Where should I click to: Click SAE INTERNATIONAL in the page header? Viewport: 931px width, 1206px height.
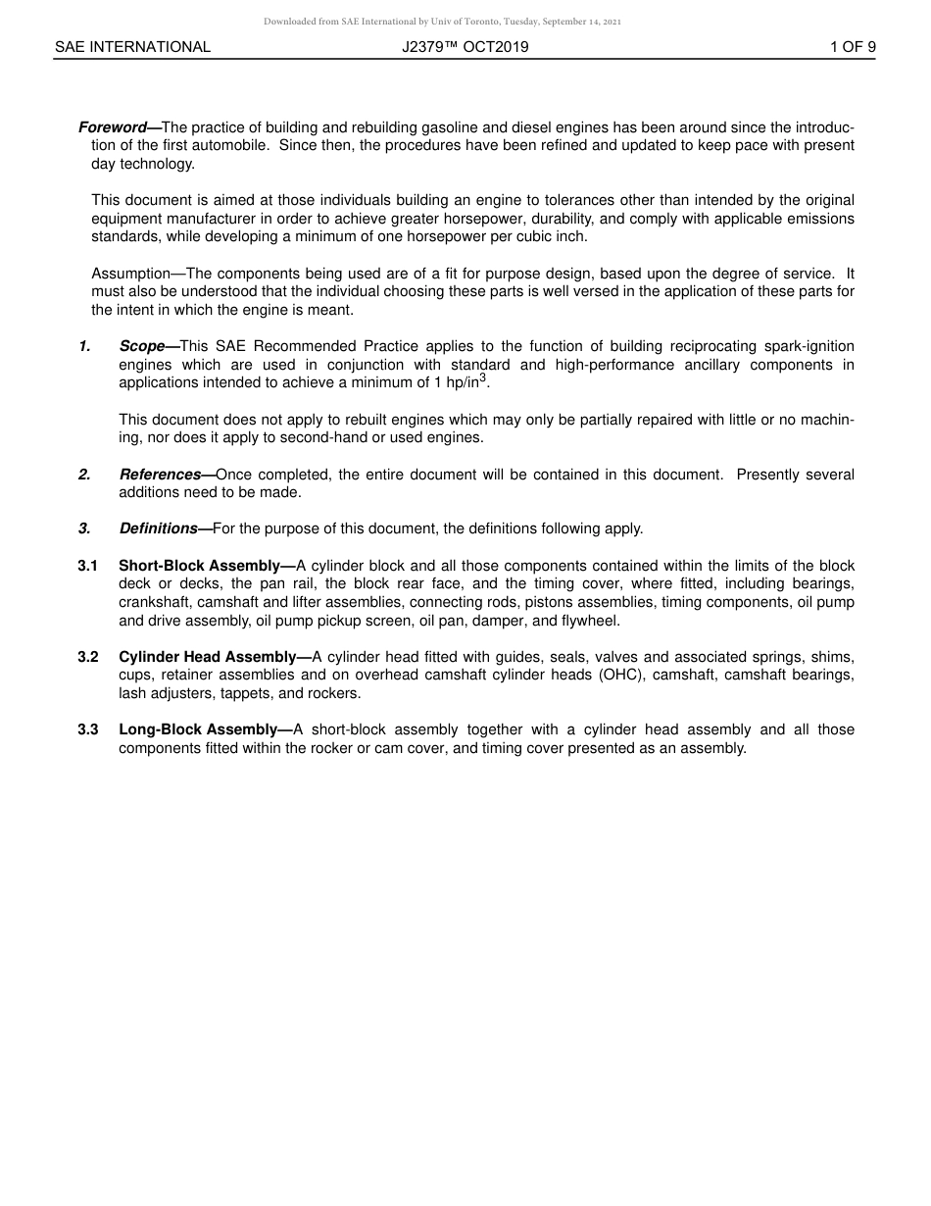(x=132, y=46)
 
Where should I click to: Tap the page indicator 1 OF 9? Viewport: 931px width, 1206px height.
(x=852, y=46)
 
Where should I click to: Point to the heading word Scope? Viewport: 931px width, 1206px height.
(x=141, y=346)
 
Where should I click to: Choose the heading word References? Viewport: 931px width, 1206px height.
(x=160, y=475)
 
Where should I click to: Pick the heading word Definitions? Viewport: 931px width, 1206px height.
(x=158, y=528)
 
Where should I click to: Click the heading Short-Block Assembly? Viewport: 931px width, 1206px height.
(x=199, y=566)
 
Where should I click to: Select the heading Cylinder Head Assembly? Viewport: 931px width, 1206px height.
(x=207, y=657)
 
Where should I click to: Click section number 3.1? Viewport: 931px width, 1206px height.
(x=88, y=566)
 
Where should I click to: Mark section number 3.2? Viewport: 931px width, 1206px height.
(x=88, y=657)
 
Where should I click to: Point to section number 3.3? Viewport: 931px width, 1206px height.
(x=88, y=729)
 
